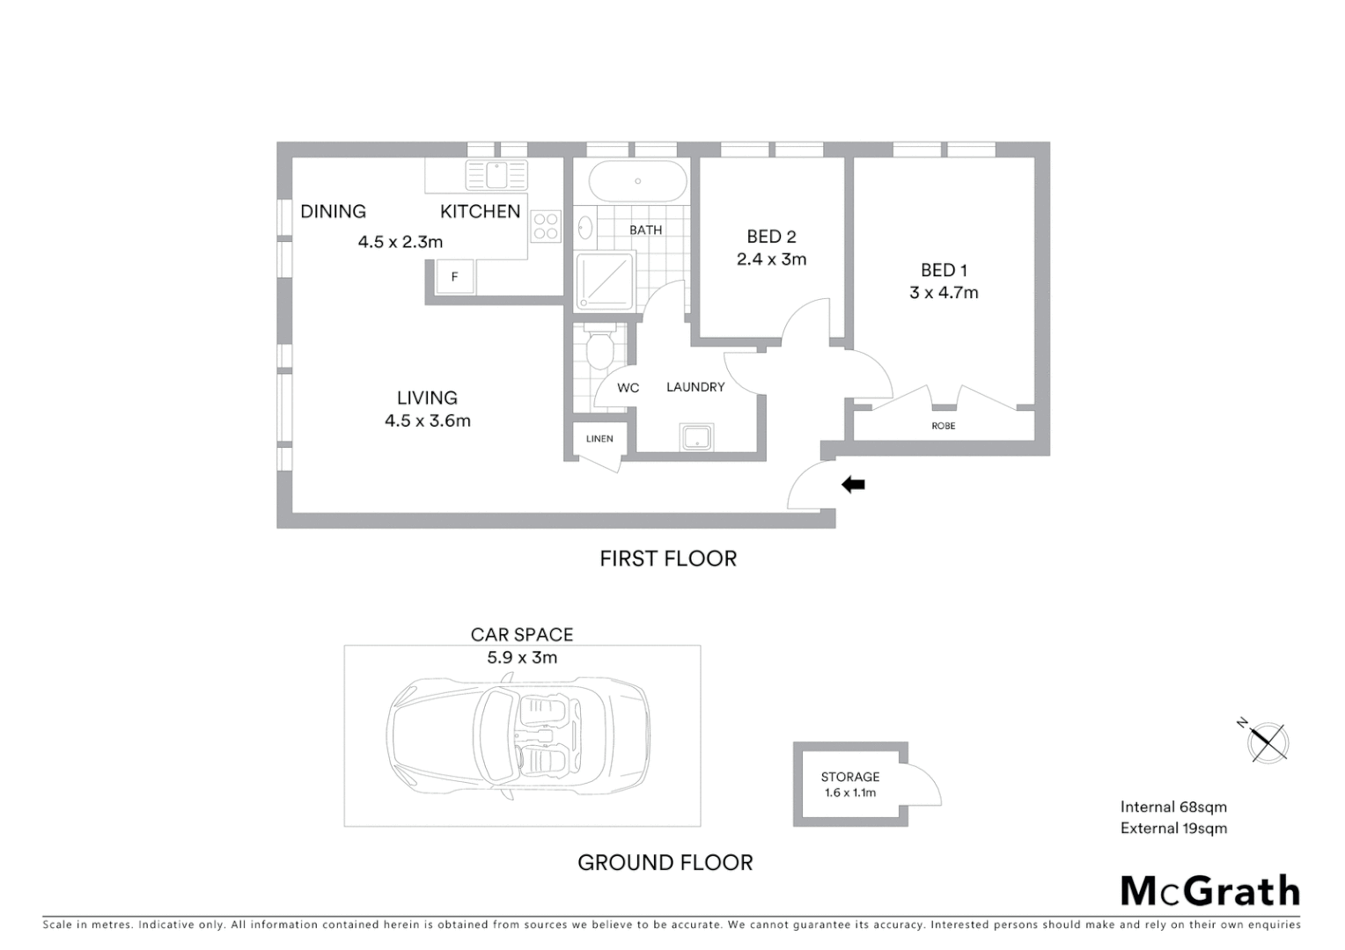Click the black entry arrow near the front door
(853, 485)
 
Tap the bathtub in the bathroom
(637, 181)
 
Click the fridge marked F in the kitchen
(455, 276)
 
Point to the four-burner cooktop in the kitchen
(546, 226)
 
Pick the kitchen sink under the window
(496, 175)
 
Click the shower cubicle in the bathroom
(605, 281)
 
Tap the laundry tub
(695, 437)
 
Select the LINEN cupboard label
(599, 438)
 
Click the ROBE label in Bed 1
(943, 426)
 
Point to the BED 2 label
(771, 237)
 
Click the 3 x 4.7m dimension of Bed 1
(944, 293)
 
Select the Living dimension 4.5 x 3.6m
(427, 421)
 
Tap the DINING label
(333, 211)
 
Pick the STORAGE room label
(849, 777)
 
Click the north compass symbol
(1267, 742)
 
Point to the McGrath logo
(1209, 891)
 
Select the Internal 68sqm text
(1172, 807)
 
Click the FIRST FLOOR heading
(667, 559)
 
